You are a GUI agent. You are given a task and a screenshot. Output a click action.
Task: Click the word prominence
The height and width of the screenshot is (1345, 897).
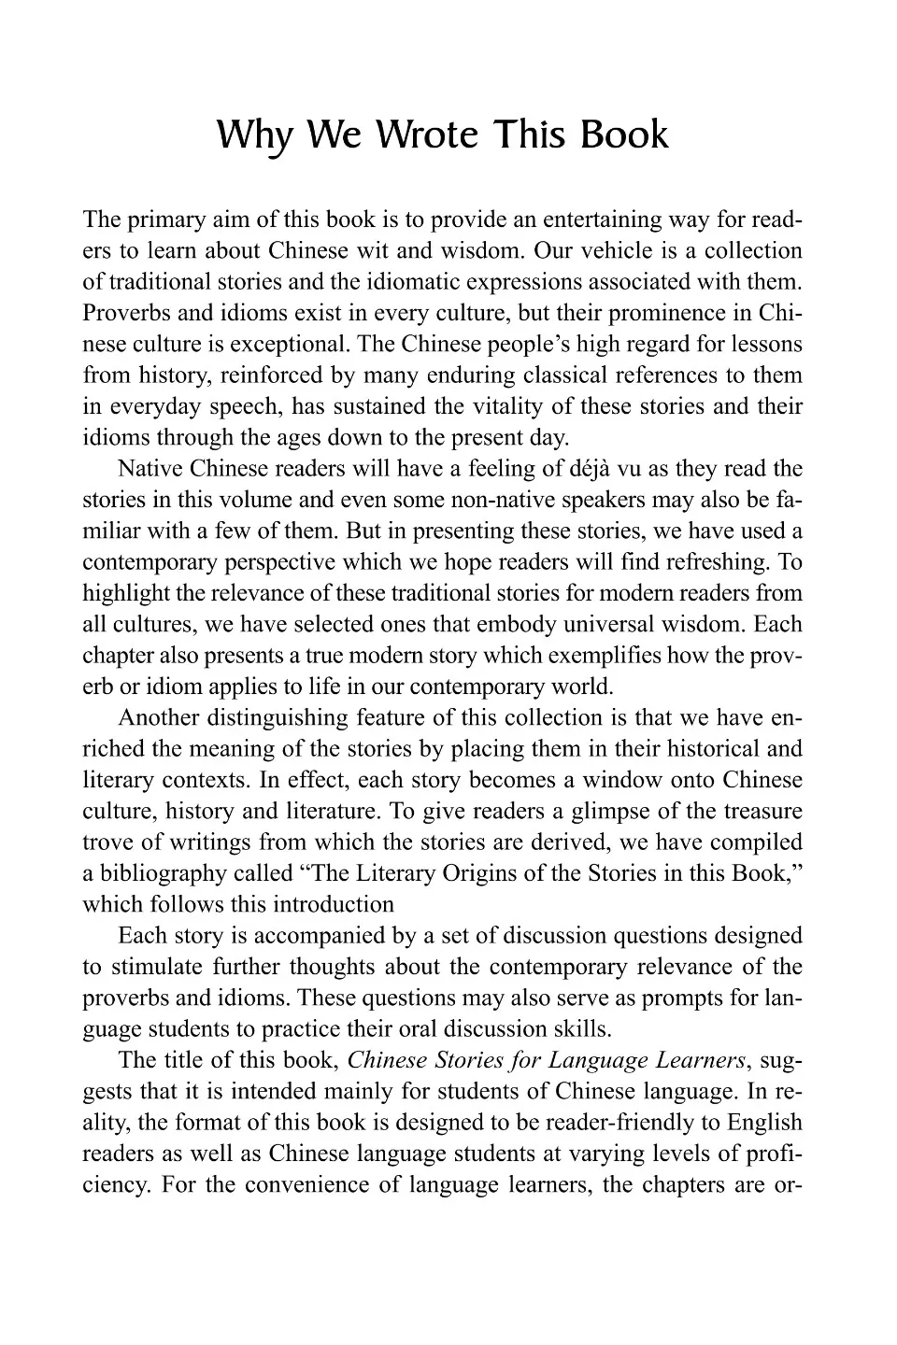click(x=653, y=313)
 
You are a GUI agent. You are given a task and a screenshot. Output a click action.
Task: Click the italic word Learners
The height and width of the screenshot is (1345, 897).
click(x=694, y=1060)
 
